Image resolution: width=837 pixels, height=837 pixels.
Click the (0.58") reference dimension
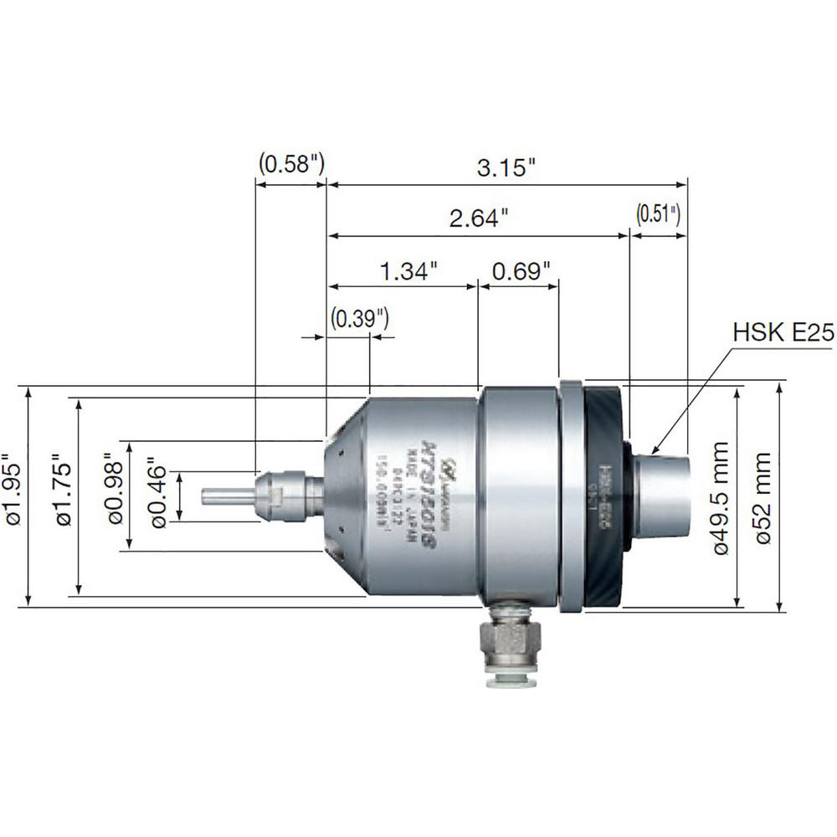pos(290,162)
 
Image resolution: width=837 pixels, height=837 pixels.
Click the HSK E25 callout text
pos(783,334)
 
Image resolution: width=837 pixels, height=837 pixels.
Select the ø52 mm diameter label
pos(764,496)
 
